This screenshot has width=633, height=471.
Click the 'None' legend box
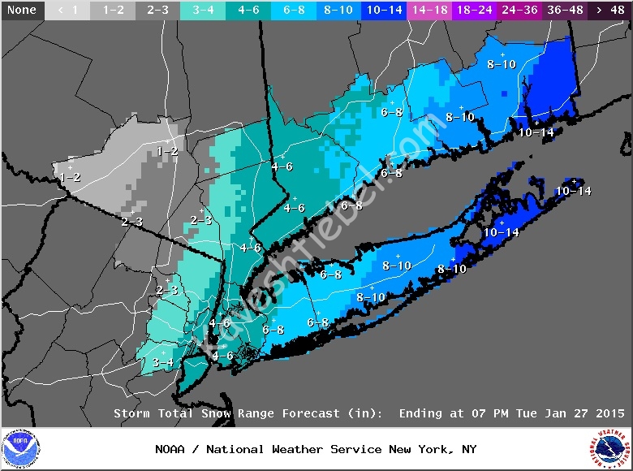tap(21, 10)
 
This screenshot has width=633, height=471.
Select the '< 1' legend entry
tap(67, 10)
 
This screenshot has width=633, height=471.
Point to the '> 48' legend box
tap(610, 10)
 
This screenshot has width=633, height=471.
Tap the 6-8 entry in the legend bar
tap(294, 10)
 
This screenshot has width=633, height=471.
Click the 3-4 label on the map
tap(163, 362)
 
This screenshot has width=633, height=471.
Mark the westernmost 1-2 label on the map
tap(70, 177)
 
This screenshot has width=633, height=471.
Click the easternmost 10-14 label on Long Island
tap(574, 191)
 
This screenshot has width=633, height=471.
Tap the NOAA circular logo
tap(20, 449)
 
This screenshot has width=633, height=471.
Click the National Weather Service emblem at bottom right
tap(610, 449)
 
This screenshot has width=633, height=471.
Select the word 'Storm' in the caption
tap(132, 413)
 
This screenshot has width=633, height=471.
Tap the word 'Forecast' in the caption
tap(311, 413)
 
